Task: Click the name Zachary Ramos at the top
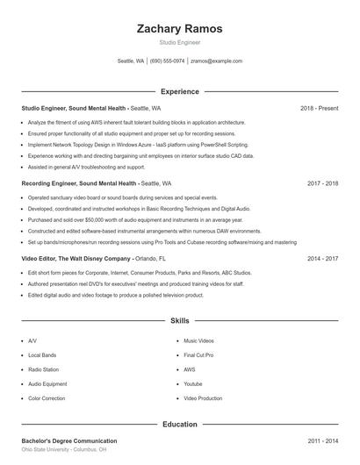click(179, 29)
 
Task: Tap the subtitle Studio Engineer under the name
click(179, 43)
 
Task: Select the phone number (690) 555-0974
click(167, 61)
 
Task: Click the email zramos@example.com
click(216, 61)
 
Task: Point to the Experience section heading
click(179, 91)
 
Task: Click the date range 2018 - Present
click(319, 109)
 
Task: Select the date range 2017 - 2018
click(323, 184)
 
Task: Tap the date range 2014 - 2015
click(323, 260)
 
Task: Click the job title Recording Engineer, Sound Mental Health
click(79, 184)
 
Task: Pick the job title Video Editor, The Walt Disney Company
click(76, 260)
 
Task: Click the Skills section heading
click(179, 322)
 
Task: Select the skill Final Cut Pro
click(198, 354)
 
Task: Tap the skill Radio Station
click(44, 369)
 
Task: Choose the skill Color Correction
click(47, 398)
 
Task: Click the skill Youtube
click(193, 383)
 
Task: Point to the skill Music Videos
click(199, 340)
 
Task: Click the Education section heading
click(179, 425)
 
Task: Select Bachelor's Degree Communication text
click(69, 440)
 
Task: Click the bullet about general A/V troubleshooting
click(86, 166)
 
